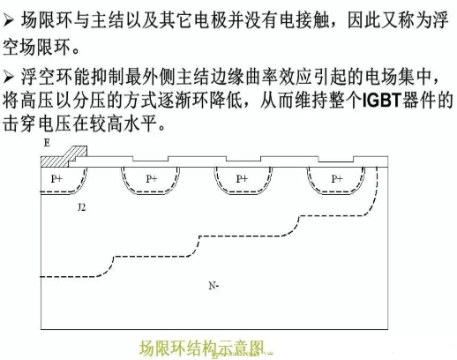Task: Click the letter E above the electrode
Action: pyautogui.click(x=47, y=143)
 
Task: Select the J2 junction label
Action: pyautogui.click(x=81, y=207)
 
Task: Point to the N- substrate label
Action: pyautogui.click(x=214, y=286)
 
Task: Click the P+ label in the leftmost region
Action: pyautogui.click(x=56, y=178)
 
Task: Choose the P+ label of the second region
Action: pyautogui.click(x=152, y=178)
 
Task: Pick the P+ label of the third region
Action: pyautogui.click(x=242, y=178)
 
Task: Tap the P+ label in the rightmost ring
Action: pyautogui.click(x=337, y=178)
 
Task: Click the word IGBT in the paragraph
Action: pyautogui.click(x=382, y=101)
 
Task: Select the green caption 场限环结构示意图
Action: pyautogui.click(x=201, y=349)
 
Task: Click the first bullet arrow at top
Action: pyautogui.click(x=9, y=21)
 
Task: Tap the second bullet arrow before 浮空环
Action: pyautogui.click(x=9, y=78)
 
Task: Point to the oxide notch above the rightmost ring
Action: pyautogui.click(x=336, y=159)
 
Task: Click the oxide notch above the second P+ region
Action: pyautogui.click(x=150, y=159)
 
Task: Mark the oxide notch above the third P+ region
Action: pyautogui.click(x=243, y=159)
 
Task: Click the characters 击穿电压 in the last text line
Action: pyautogui.click(x=37, y=124)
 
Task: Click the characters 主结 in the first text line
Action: pyautogui.click(x=108, y=20)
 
